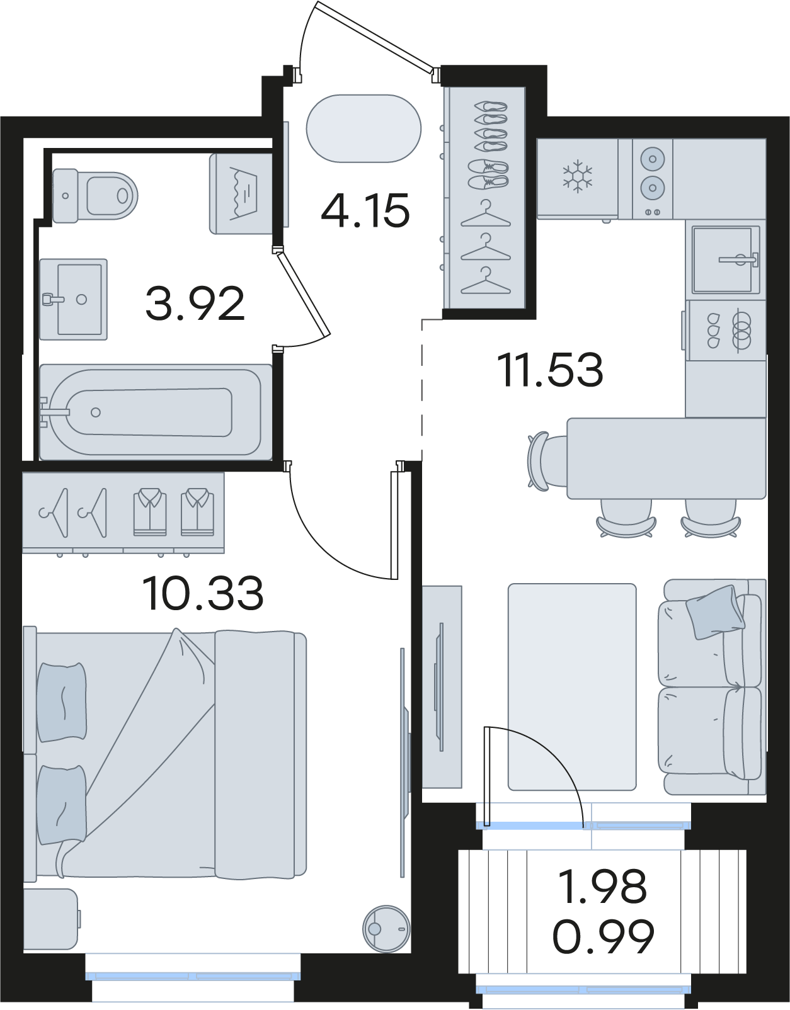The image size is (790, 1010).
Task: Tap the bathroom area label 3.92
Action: click(x=195, y=304)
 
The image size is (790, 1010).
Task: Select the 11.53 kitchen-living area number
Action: click(x=550, y=370)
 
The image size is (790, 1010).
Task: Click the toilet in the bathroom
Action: click(x=95, y=196)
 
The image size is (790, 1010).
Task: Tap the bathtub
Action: click(x=156, y=412)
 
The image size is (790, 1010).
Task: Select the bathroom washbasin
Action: click(x=74, y=299)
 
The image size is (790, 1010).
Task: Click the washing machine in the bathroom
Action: click(x=241, y=193)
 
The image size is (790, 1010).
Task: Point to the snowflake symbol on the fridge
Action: click(x=578, y=176)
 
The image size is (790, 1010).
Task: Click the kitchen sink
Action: click(x=725, y=260)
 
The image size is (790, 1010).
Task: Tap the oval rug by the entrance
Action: click(x=364, y=128)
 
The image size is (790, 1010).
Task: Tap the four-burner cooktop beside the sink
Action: click(x=725, y=331)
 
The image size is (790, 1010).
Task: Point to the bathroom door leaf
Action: click(x=302, y=294)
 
